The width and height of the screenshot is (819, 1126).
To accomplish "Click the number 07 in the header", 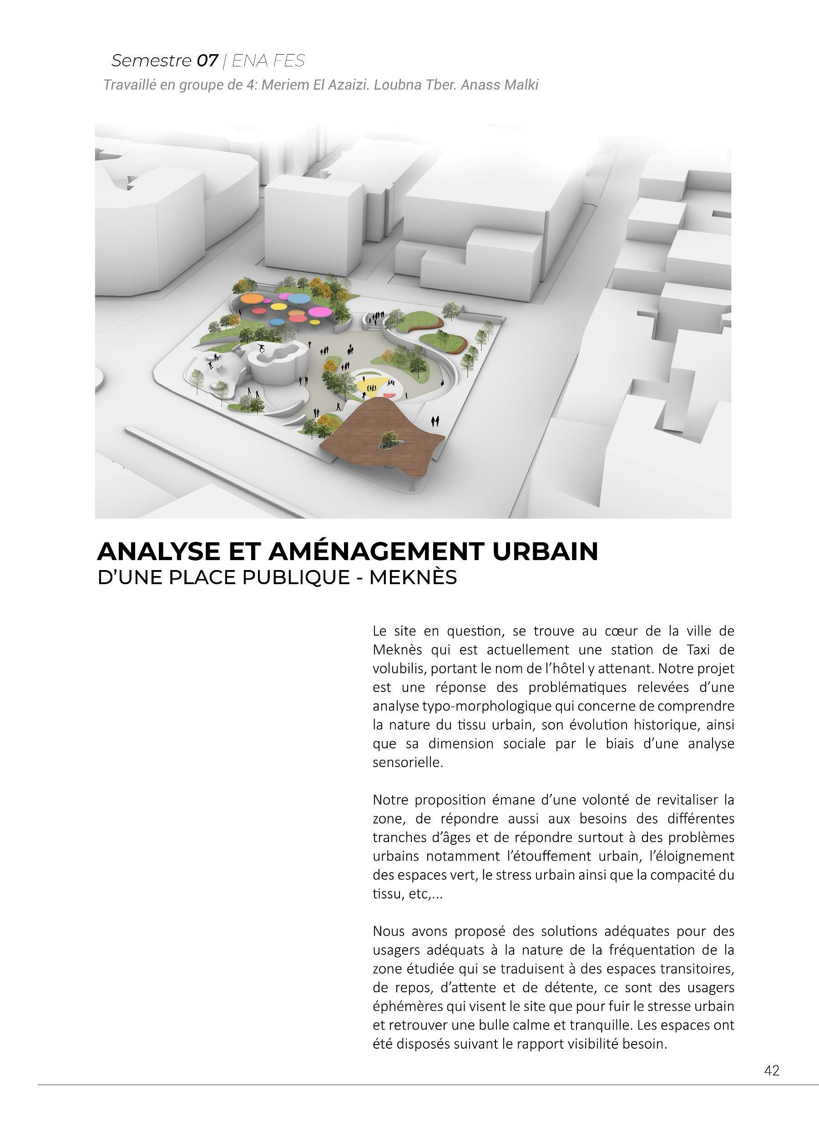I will pos(207,61).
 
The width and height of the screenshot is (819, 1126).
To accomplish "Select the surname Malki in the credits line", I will pos(521,85).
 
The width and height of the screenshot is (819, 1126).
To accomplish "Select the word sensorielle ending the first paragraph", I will pos(407,762).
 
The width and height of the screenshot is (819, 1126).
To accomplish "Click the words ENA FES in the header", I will pos(268,61).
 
